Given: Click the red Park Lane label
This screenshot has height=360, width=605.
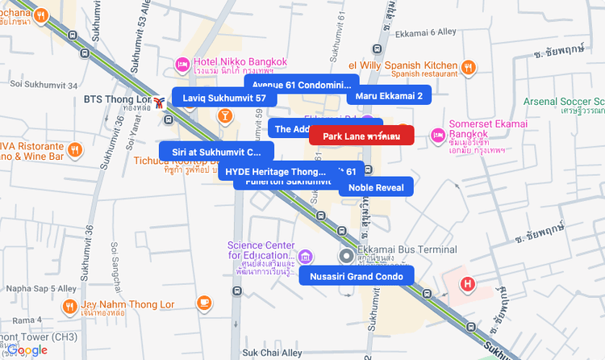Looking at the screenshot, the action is [x=361, y=136].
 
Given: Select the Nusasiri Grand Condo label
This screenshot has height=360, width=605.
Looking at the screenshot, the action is [x=356, y=276].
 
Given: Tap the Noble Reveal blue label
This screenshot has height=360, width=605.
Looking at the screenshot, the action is [x=376, y=187].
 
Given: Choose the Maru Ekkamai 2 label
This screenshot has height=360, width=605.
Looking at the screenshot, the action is [x=389, y=96].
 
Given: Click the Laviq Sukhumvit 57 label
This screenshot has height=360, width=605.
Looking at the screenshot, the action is [x=223, y=98].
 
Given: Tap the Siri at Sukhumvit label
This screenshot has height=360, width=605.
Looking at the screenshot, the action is [x=216, y=151].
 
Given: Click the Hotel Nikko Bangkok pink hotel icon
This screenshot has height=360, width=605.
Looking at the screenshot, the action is [x=183, y=64].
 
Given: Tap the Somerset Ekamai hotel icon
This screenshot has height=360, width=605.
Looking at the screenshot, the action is [x=438, y=134].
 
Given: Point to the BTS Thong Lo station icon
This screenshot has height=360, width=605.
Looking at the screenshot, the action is [x=161, y=100].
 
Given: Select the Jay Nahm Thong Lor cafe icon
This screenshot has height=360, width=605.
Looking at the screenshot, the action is [x=204, y=303].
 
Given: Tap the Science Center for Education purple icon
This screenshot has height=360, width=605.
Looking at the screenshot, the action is [x=306, y=257].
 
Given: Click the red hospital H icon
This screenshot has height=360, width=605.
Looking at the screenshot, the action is [x=467, y=283].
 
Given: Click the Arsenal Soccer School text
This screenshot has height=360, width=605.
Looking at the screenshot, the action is [x=564, y=101].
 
